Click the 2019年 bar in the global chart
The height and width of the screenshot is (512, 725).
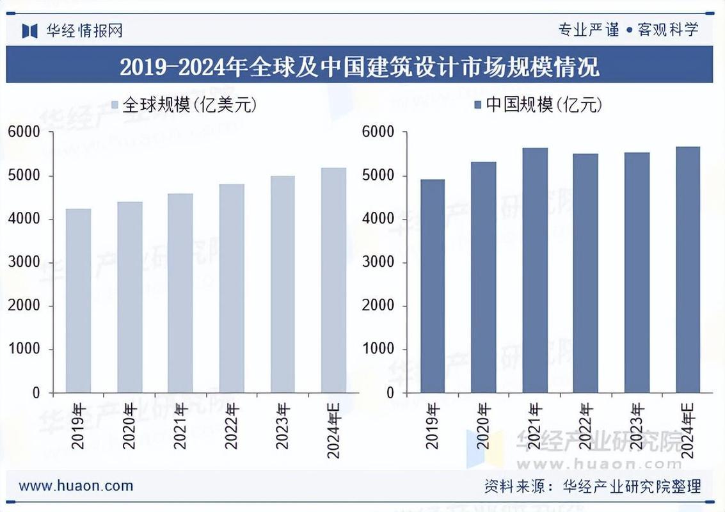78,301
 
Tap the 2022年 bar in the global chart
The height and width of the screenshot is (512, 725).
232,289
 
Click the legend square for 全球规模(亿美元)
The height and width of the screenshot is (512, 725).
115,105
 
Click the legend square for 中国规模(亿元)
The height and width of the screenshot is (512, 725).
478,105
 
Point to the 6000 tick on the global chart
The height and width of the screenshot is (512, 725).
24,132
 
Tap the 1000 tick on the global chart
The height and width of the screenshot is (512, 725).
24,349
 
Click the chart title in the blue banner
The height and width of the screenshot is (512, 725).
359,67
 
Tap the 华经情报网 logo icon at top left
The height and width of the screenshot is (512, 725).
30,30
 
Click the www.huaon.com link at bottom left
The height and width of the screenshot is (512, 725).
76,486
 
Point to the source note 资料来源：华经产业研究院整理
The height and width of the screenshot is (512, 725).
593,486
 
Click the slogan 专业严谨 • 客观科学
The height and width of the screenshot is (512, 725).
628,29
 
